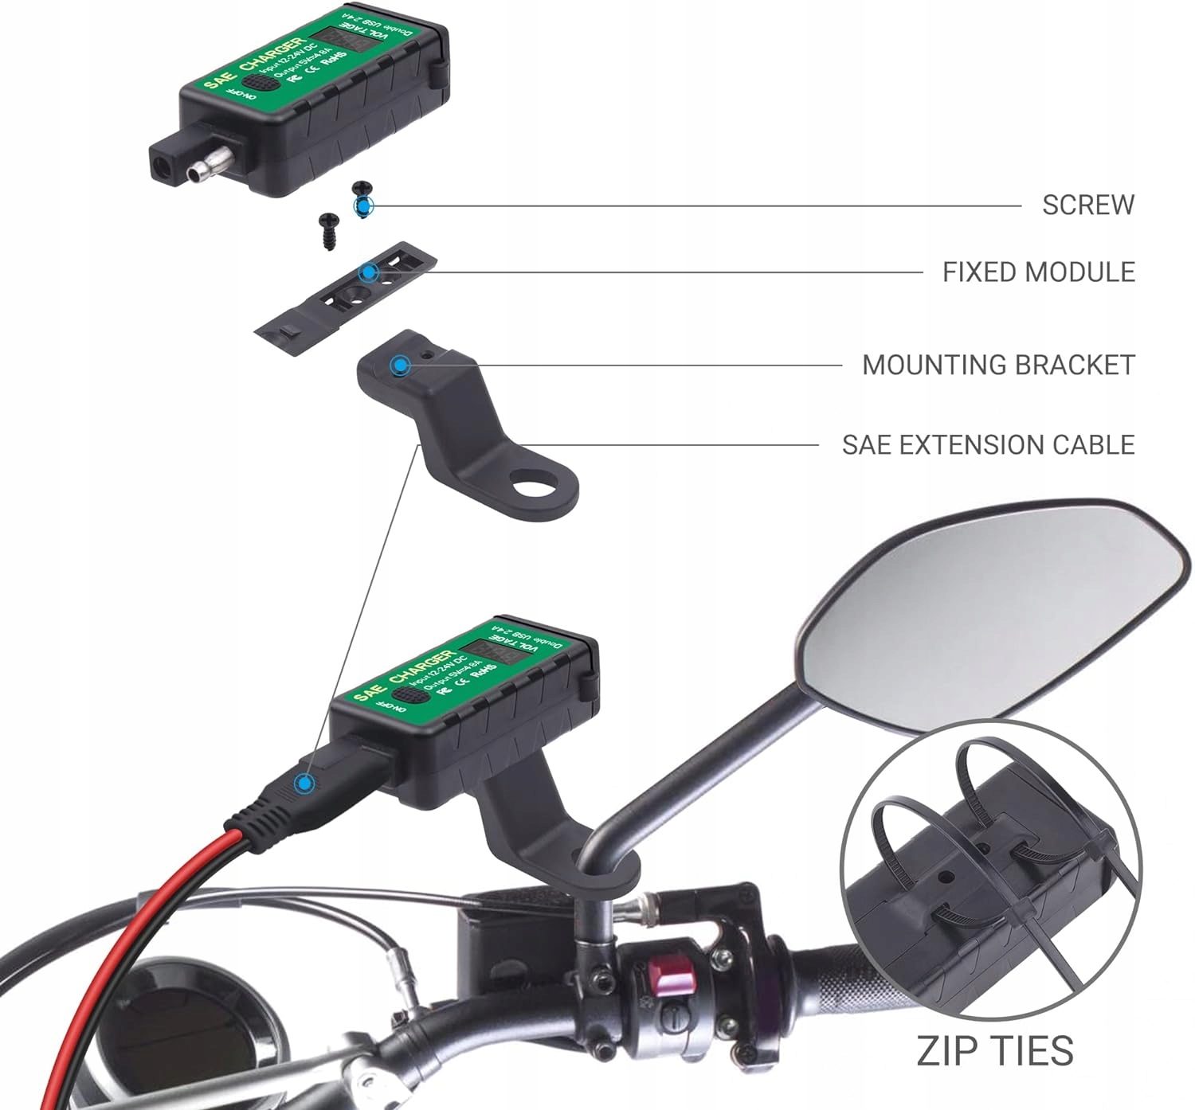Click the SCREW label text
point(1087,205)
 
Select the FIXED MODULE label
point(1038,272)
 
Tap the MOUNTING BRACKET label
point(997,365)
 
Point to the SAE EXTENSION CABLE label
point(988,444)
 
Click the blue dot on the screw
point(363,207)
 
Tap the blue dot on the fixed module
point(368,272)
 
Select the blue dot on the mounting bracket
point(399,365)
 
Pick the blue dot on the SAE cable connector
point(304,783)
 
